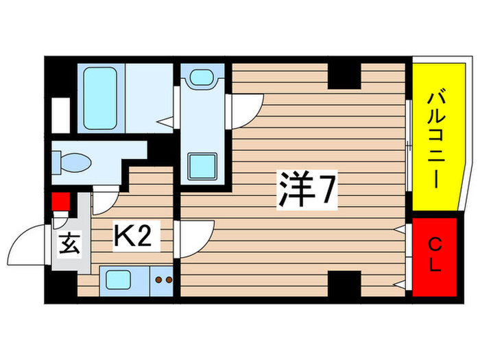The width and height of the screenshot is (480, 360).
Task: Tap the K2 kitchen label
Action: coord(136,238)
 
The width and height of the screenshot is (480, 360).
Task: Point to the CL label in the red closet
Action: coord(434,254)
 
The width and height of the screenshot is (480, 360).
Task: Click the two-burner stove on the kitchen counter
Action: coord(164,280)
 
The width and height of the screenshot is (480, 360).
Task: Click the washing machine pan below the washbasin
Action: coord(202,164)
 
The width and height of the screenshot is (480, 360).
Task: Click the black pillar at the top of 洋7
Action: coord(344,75)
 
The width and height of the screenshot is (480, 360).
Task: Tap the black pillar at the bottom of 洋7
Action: coord(344,283)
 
